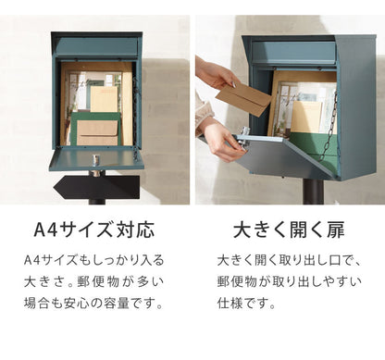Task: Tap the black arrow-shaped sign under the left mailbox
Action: (96, 187)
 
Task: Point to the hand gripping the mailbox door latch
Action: (220, 138)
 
